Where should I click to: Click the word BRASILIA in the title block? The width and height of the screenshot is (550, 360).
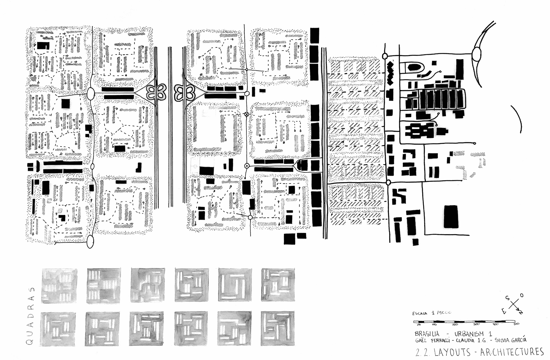427,334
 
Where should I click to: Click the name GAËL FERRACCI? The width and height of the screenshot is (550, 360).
434,340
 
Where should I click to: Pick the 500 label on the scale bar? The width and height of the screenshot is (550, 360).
516,325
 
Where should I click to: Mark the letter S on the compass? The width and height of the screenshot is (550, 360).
507,298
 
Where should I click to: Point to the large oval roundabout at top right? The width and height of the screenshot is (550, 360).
477,55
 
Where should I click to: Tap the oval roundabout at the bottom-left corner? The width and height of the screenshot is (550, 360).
90,241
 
